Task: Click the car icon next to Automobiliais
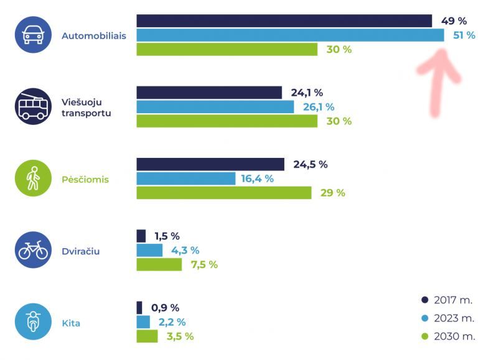tap(33, 35)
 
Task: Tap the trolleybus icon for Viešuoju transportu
tap(33, 107)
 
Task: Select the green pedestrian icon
tap(33, 179)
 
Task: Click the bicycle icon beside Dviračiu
tap(33, 251)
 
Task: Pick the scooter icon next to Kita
tap(33, 323)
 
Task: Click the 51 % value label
tap(464, 35)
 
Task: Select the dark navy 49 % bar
tap(284, 21)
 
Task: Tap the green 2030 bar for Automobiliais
tap(227, 50)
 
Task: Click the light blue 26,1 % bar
tap(215, 107)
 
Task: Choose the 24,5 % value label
tap(310, 165)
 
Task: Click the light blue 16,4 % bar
tap(185, 179)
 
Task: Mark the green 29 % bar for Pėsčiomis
tap(223, 193)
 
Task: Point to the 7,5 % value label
tap(203, 265)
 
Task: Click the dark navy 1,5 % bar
tap(141, 236)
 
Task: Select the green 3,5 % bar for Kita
tap(147, 336)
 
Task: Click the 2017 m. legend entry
tap(447, 300)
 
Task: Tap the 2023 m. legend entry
tap(447, 318)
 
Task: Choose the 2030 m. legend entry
tap(447, 336)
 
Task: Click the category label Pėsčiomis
tap(85, 180)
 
